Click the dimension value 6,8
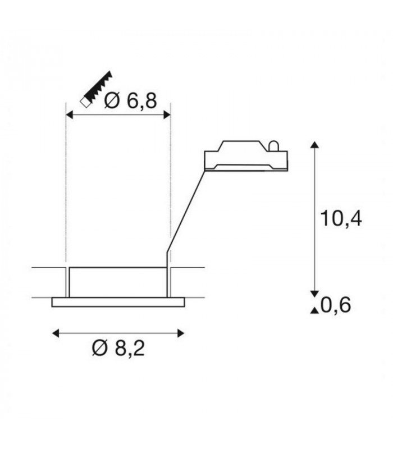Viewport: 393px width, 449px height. click(142, 101)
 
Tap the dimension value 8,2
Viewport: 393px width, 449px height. click(130, 348)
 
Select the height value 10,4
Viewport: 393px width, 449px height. click(341, 218)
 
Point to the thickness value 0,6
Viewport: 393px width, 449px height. click(336, 305)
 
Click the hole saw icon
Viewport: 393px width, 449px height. click(96, 89)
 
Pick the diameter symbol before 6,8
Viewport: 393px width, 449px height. click(112, 101)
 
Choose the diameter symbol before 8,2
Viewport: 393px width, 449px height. click(100, 348)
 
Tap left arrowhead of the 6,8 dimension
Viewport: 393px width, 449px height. click(70, 115)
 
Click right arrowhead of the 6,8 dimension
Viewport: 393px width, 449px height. click(167, 115)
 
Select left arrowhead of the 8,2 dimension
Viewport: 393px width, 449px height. click(56, 333)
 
